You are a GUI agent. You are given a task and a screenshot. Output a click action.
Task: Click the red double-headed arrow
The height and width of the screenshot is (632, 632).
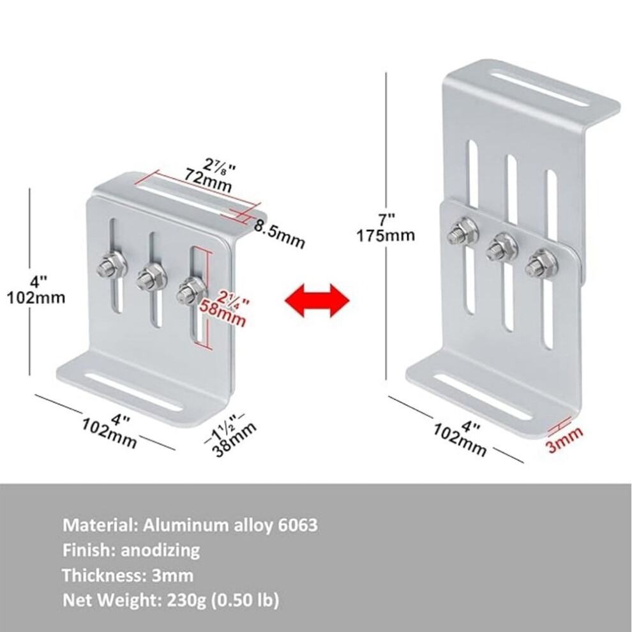tap(317, 300)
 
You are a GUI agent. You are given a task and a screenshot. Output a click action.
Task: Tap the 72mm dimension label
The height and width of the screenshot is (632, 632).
tap(208, 181)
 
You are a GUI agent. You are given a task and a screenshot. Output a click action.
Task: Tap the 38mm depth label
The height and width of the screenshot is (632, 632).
tap(234, 439)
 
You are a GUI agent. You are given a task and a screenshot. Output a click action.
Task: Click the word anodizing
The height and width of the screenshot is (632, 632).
tap(160, 550)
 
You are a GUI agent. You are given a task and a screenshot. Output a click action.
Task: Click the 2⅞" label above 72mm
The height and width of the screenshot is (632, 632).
tap(219, 165)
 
